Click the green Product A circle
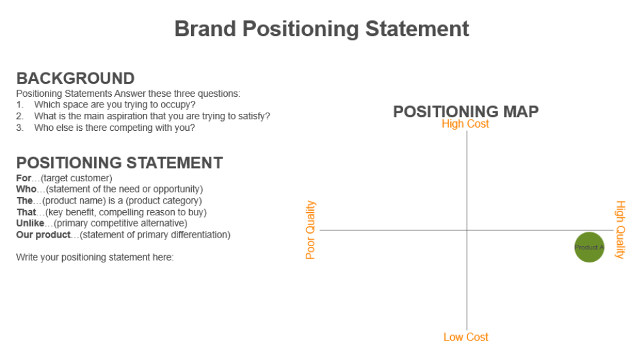(x=589, y=247)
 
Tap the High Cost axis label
(x=465, y=124)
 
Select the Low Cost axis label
(x=465, y=337)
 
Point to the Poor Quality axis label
(x=311, y=230)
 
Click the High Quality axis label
(x=620, y=230)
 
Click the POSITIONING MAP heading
(x=465, y=111)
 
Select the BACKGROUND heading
(x=75, y=79)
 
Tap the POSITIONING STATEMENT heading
(x=119, y=163)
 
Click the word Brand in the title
(x=205, y=29)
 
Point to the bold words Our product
(x=43, y=234)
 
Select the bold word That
(x=26, y=212)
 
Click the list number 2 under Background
(x=20, y=116)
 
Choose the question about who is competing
(x=115, y=128)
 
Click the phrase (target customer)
(x=77, y=178)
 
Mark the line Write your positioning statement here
(x=95, y=257)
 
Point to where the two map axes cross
(x=467, y=230)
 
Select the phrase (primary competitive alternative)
(x=121, y=223)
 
